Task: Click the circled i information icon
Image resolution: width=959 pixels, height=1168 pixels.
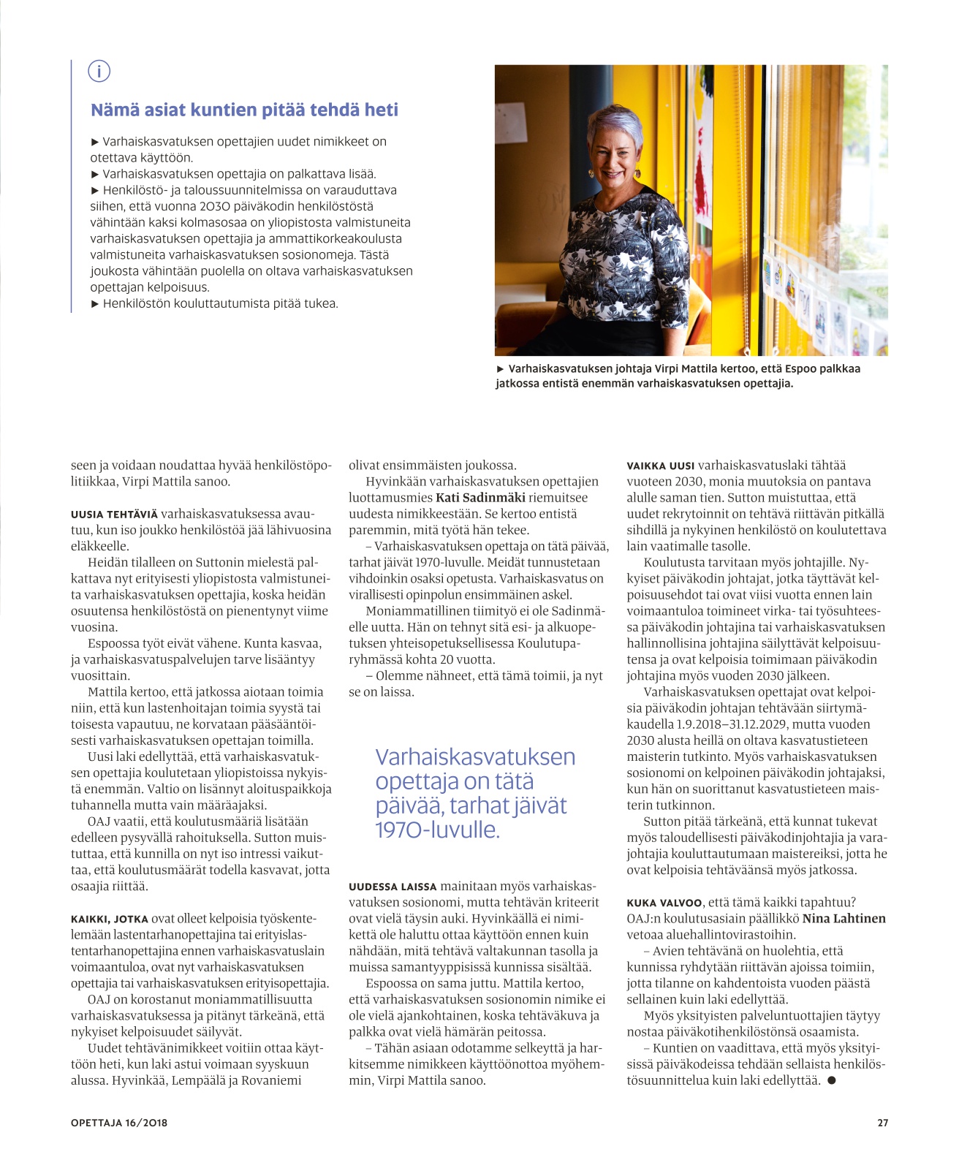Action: click(x=99, y=72)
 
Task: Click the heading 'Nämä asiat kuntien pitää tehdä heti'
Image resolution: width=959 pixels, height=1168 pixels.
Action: click(x=244, y=110)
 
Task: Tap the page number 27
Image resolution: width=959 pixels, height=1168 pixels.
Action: click(x=882, y=1123)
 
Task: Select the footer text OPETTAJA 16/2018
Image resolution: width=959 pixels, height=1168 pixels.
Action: click(x=119, y=1123)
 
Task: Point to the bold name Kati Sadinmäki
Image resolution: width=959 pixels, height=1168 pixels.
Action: click(x=480, y=498)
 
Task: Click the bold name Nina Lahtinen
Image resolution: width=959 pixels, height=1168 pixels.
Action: click(x=844, y=919)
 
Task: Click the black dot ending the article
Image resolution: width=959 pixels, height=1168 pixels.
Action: click(x=831, y=1081)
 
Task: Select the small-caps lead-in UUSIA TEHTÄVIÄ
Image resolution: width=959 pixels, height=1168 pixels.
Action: click(x=114, y=515)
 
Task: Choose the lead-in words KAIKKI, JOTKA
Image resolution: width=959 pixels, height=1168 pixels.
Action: click(x=110, y=919)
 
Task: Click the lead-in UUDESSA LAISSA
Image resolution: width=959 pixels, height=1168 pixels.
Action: click(x=393, y=887)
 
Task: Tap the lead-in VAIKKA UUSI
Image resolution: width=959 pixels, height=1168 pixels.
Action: click(x=661, y=466)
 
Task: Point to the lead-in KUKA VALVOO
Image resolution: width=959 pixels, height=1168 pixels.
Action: click(x=664, y=903)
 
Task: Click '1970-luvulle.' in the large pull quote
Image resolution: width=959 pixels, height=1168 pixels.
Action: click(x=437, y=830)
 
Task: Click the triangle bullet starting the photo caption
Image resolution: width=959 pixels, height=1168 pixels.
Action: click(x=500, y=369)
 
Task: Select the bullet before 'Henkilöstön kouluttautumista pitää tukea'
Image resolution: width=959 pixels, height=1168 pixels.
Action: click(x=95, y=304)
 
